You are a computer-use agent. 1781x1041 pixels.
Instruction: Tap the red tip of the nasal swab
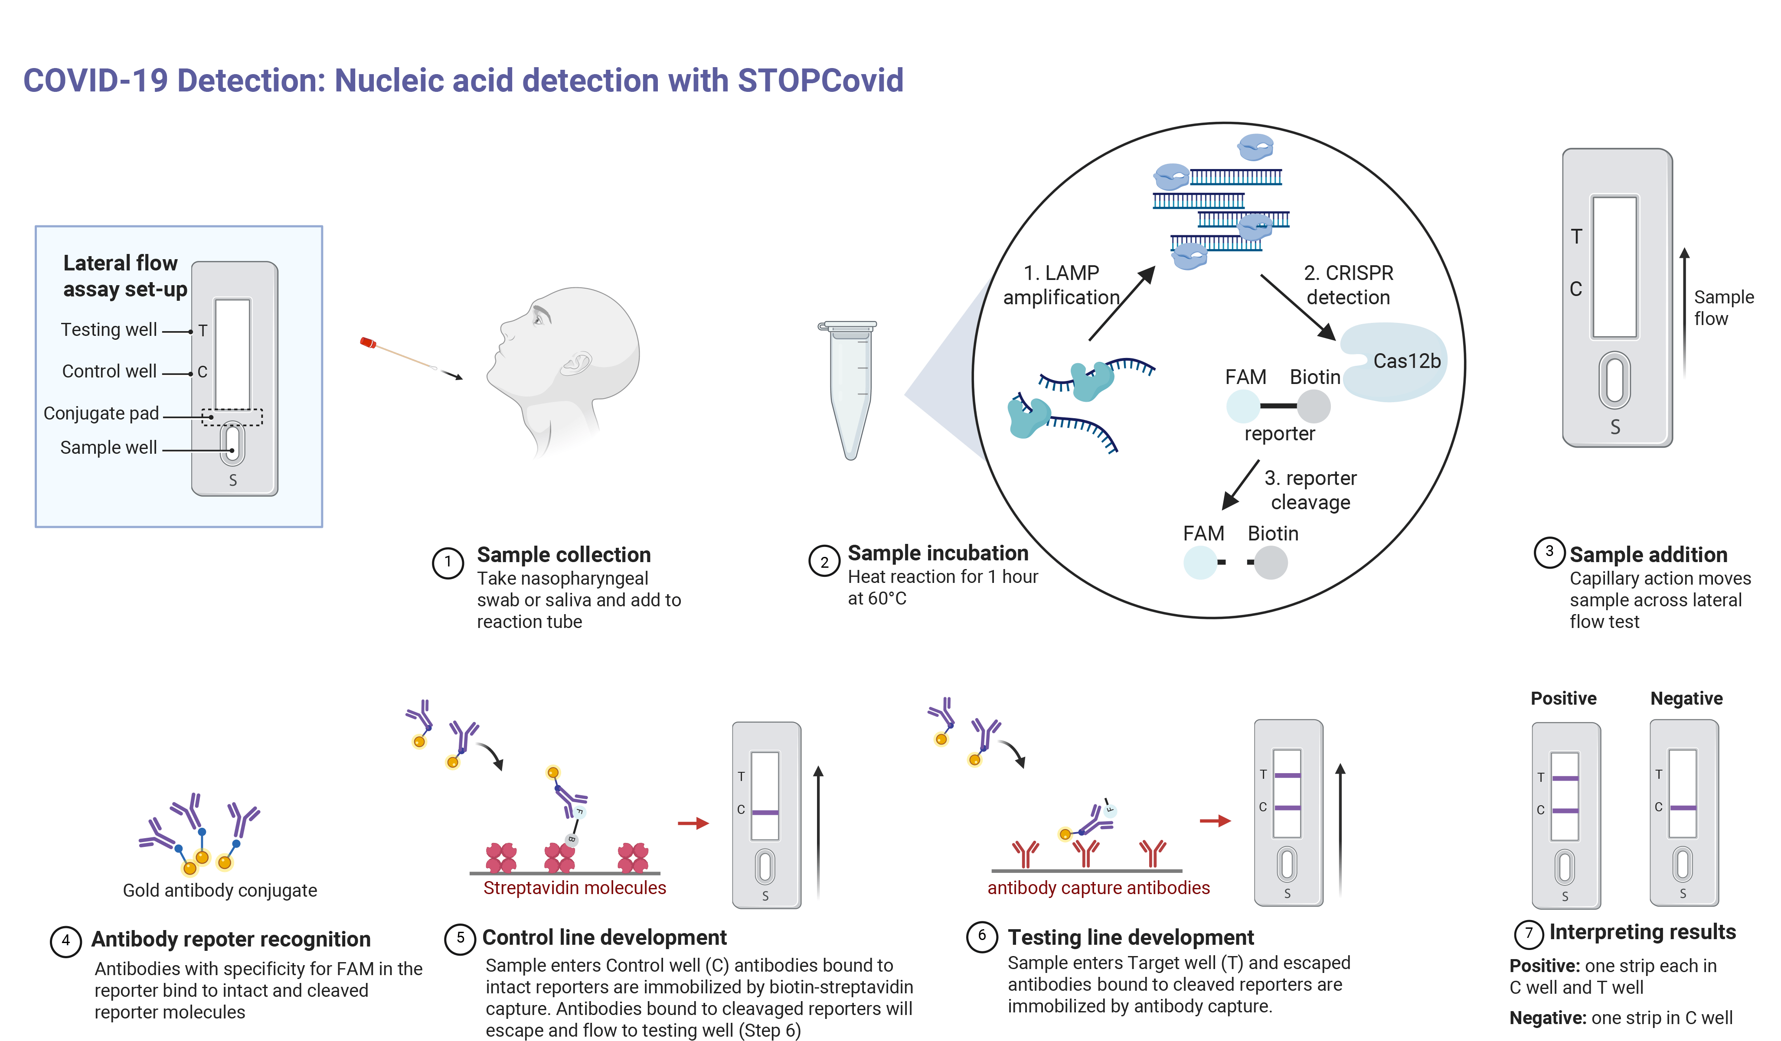(367, 342)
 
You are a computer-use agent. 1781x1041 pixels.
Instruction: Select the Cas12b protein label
(1406, 361)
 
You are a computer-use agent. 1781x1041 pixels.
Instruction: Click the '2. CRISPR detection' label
(1348, 285)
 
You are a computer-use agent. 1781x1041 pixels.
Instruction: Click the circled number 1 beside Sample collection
(448, 563)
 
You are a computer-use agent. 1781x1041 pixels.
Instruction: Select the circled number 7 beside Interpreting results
(1528, 934)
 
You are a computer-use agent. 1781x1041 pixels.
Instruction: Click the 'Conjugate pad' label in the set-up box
(101, 413)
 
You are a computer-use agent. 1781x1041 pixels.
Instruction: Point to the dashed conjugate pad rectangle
(232, 417)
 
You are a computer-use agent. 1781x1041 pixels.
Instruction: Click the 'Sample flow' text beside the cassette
(1722, 307)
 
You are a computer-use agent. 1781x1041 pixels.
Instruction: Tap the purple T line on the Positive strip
(1565, 778)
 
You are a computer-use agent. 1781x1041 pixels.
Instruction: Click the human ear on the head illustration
(578, 364)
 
